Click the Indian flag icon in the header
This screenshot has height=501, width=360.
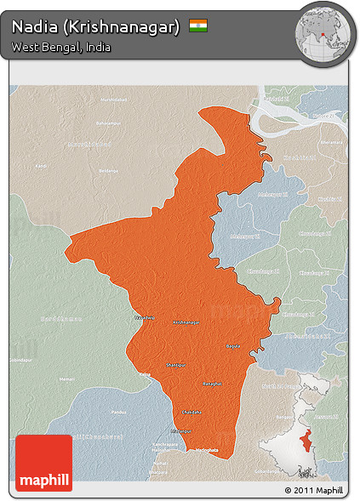[198, 26]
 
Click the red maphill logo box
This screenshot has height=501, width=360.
[43, 462]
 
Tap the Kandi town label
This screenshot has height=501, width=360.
[42, 165]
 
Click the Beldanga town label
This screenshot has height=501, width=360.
[108, 170]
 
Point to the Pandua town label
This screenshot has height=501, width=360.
[117, 412]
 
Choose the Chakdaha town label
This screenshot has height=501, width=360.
[192, 412]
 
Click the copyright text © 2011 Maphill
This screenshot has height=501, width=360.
[314, 491]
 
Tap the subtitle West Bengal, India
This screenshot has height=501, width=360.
[61, 47]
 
